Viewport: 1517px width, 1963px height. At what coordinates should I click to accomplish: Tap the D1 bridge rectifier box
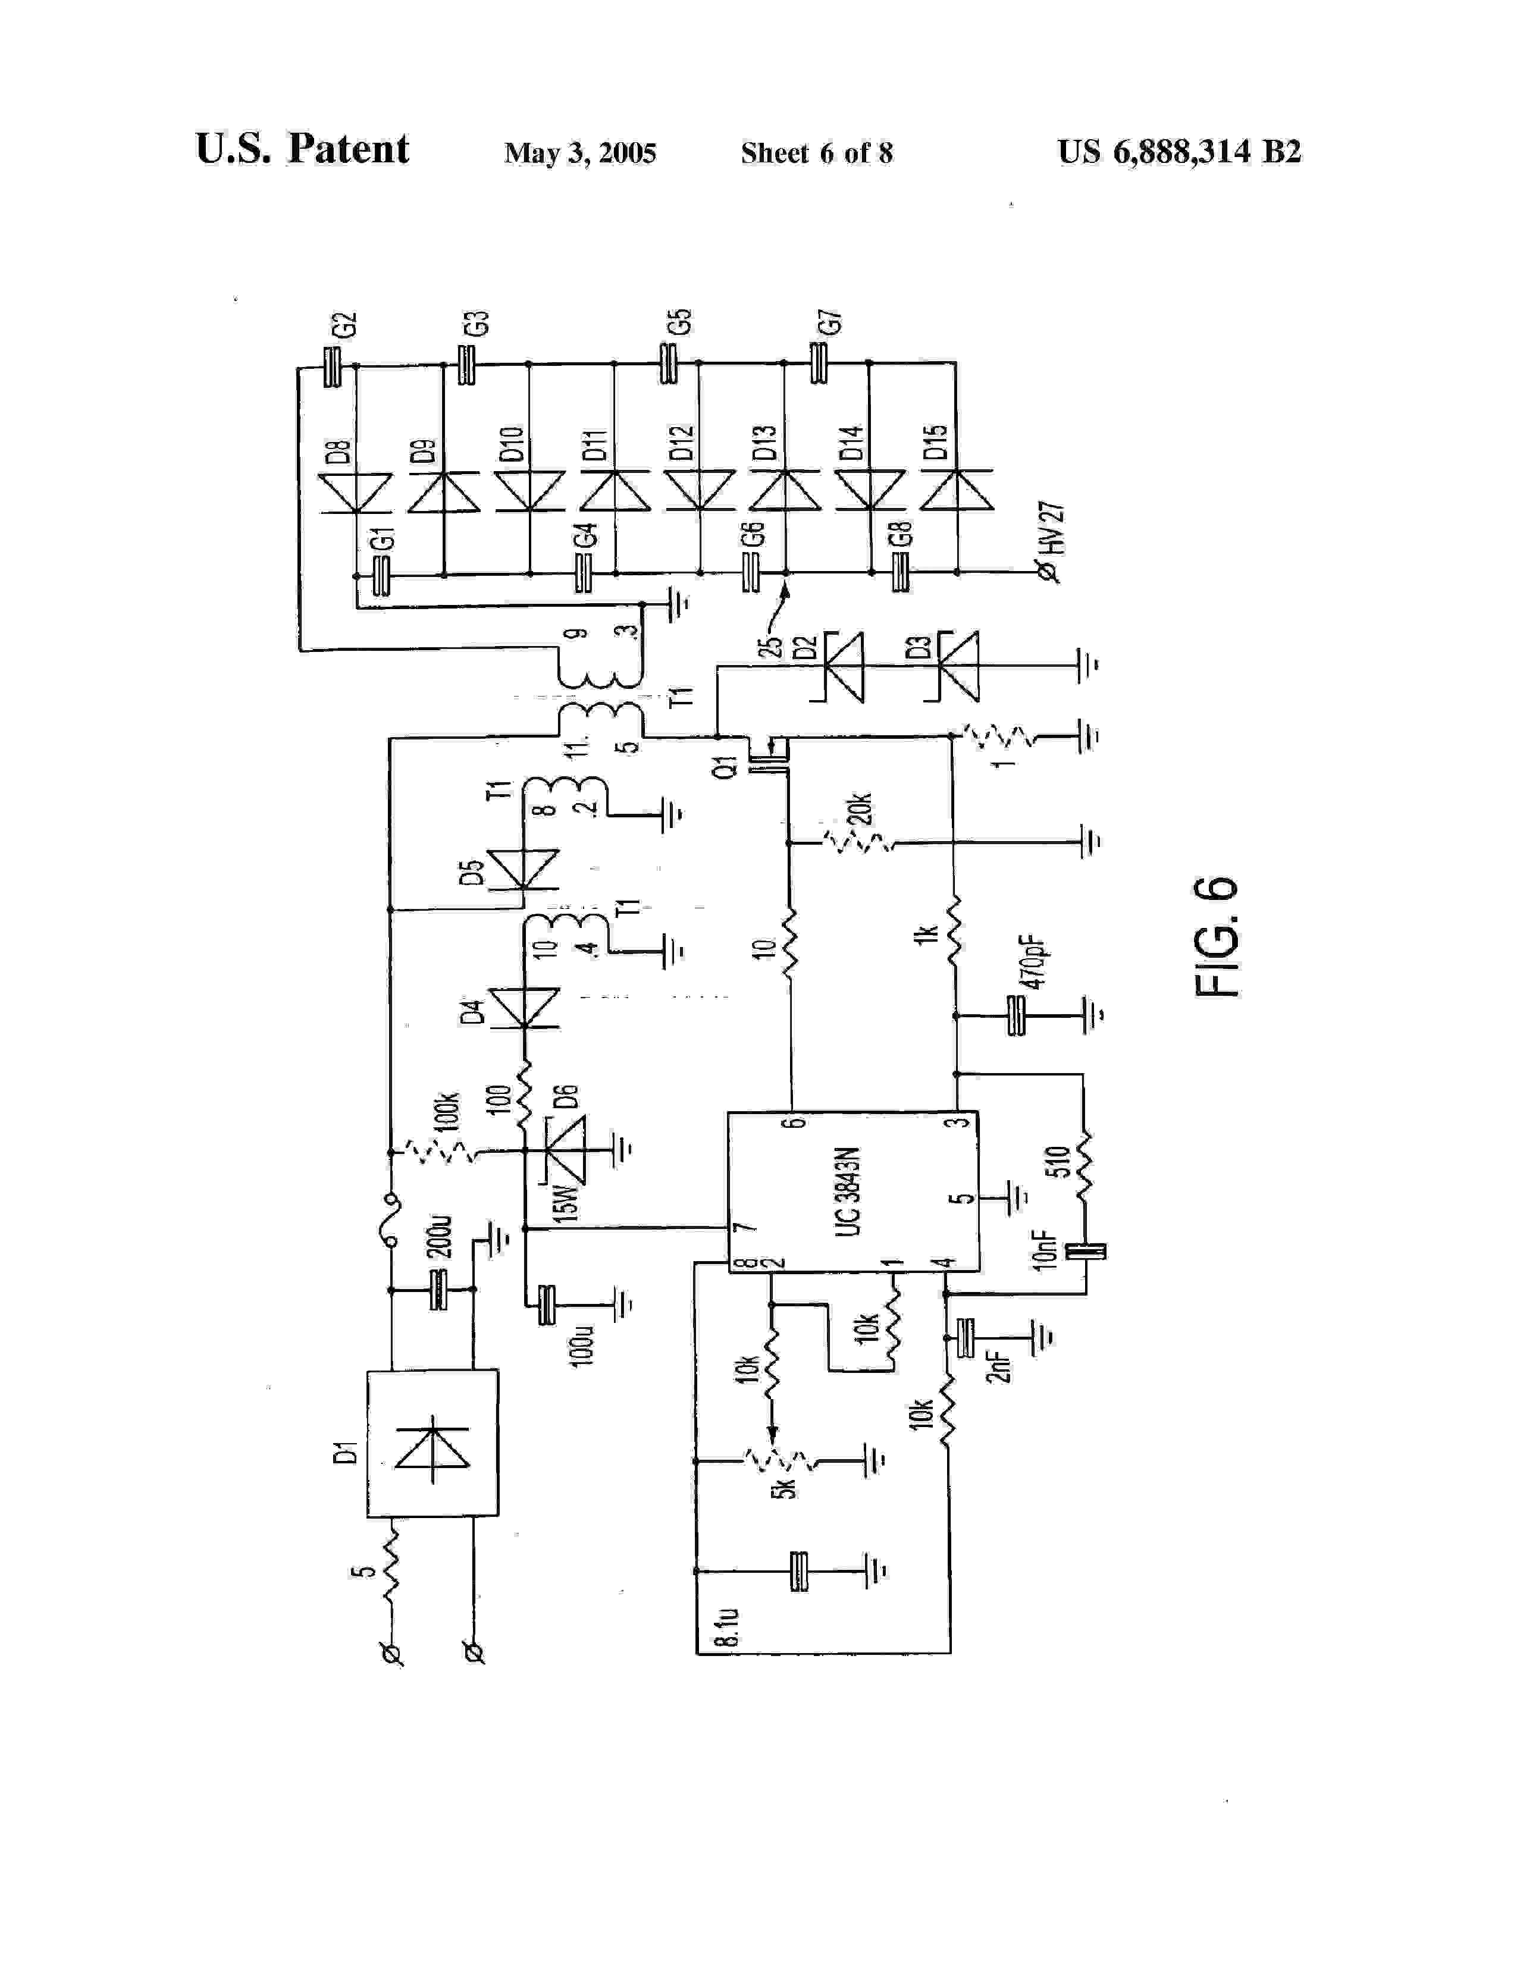point(432,1443)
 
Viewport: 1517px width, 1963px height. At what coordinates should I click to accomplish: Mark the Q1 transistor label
point(730,765)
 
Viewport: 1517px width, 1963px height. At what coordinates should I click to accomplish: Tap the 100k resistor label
point(449,1112)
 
